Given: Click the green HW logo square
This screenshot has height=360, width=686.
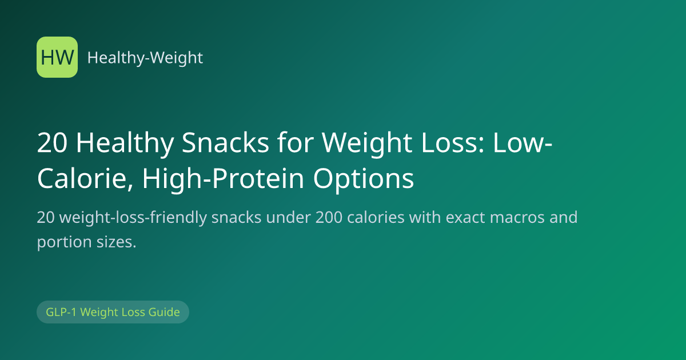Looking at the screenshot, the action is [57, 57].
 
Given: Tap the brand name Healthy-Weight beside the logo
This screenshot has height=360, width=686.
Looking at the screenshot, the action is [145, 58].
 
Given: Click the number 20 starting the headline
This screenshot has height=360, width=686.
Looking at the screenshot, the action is [52, 143].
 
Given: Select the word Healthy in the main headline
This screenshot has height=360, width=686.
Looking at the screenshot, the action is [125, 144].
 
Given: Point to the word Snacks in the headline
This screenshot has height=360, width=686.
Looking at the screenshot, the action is [225, 143].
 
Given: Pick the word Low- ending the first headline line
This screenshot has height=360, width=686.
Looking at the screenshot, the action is [523, 143].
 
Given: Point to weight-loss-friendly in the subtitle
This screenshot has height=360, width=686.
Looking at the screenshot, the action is [135, 218].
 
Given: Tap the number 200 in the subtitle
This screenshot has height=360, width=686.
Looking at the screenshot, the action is [329, 218].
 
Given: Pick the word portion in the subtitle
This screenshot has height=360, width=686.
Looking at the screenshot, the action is [64, 243].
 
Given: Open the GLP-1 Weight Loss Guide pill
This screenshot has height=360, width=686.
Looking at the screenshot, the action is [113, 312].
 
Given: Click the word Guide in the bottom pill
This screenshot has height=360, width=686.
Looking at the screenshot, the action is [164, 312].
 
